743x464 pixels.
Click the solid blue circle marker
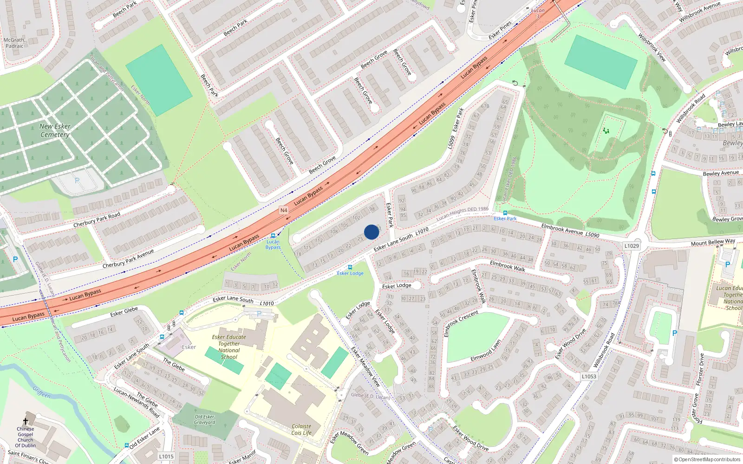371,232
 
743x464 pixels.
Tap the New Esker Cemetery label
55,130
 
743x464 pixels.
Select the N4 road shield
284,210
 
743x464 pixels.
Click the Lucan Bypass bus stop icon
273,236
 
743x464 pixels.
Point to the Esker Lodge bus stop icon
350,267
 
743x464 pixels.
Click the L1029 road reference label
632,245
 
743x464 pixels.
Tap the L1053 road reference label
589,376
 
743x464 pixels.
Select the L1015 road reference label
166,457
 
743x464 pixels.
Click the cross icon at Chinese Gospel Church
26,421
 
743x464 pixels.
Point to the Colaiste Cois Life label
301,430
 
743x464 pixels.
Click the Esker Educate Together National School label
229,347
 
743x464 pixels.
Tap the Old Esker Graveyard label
204,419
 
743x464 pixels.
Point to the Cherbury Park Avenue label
128,259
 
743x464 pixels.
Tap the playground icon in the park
606,131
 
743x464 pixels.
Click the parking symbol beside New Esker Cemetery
77,180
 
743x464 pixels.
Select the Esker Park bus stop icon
505,213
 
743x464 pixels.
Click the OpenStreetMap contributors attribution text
707,460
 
